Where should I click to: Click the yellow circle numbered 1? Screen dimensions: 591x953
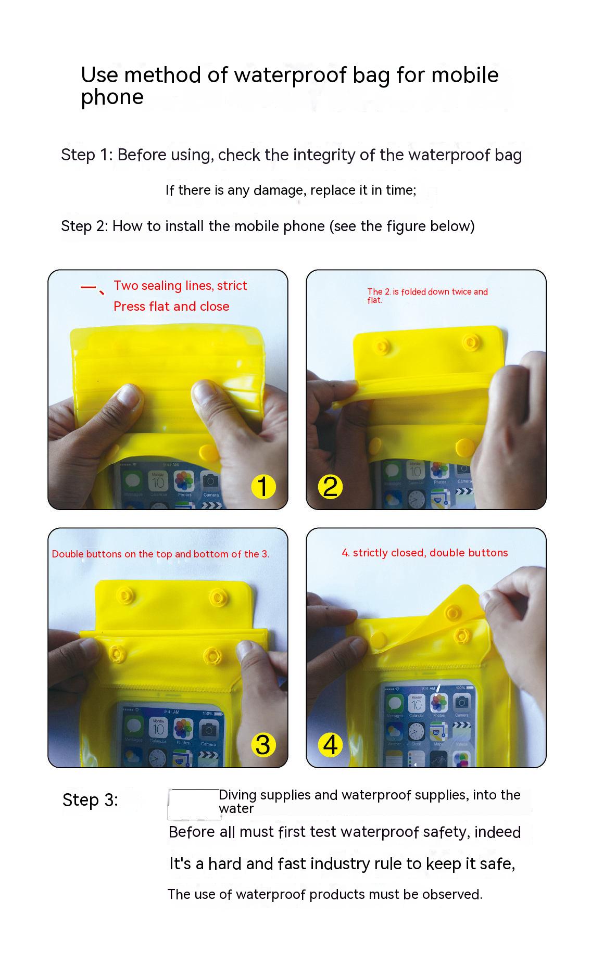click(x=263, y=487)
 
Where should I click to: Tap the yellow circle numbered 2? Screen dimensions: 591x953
click(x=330, y=487)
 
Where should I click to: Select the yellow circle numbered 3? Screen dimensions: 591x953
click(x=263, y=745)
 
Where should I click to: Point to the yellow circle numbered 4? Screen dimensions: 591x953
click(x=330, y=745)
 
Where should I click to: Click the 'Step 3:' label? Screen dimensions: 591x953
click(x=90, y=800)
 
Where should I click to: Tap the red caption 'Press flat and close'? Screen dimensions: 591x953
click(x=171, y=306)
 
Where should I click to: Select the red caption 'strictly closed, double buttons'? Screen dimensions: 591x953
click(x=430, y=553)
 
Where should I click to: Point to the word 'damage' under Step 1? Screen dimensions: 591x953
click(x=279, y=191)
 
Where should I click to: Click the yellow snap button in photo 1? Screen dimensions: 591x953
click(x=209, y=451)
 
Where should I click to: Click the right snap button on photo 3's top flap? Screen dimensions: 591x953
click(x=217, y=596)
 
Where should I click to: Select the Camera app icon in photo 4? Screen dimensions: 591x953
click(x=461, y=703)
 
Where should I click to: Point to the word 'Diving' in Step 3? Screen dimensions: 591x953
click(x=237, y=795)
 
